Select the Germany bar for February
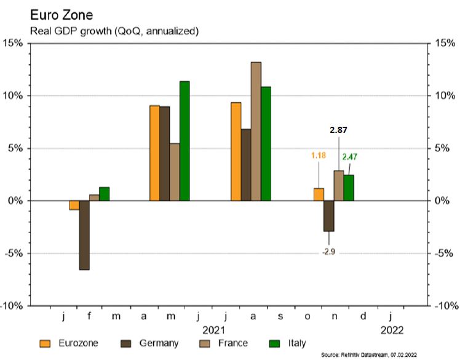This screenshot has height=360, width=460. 84,235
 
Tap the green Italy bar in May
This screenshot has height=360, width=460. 184,141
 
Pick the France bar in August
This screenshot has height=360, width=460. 256,132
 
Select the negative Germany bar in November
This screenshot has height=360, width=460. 328,216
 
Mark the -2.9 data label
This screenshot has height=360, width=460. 328,252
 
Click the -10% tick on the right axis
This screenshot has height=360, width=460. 445,306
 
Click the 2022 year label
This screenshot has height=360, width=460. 392,330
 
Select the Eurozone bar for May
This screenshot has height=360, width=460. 154,153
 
